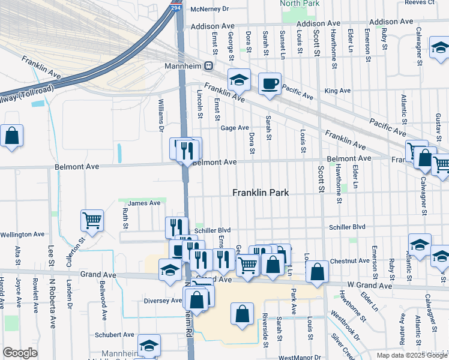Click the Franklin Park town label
click(261, 193)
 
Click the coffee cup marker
click(270, 83)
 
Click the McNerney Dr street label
click(209, 9)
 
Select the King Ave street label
click(337, 91)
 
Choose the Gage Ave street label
click(234, 128)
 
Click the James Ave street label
click(144, 203)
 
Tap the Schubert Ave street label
click(114, 334)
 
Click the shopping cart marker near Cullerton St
click(92, 220)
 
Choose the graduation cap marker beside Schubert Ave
click(149, 345)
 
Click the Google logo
click(20, 353)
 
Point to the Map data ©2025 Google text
click(411, 355)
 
